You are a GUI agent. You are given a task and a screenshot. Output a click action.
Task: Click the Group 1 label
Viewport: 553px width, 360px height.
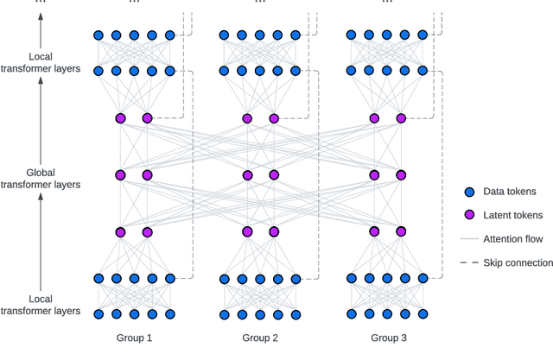click(134, 339)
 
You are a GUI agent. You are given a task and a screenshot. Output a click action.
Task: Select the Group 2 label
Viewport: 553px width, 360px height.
click(260, 339)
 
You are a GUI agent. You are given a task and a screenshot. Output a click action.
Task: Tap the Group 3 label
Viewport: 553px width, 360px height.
click(387, 339)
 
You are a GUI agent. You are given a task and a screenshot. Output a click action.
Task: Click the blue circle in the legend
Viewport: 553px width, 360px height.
click(468, 192)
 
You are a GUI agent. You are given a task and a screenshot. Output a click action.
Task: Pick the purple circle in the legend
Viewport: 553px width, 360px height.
click(468, 215)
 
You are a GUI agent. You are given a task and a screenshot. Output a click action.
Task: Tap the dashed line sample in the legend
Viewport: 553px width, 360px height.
click(468, 262)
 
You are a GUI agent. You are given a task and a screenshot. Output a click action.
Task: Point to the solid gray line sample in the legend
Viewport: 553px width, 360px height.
click(468, 239)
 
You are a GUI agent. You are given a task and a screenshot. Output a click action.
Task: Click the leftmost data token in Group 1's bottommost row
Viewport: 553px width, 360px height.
click(99, 314)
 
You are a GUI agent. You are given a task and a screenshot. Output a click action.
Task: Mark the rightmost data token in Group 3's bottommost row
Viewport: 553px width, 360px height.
click(423, 314)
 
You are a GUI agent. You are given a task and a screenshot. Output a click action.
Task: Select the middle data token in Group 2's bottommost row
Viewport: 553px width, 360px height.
click(260, 314)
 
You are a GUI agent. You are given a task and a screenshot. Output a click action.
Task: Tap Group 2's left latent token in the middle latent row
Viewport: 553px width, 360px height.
click(247, 175)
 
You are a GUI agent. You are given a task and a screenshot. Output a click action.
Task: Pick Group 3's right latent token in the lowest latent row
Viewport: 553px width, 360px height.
click(401, 231)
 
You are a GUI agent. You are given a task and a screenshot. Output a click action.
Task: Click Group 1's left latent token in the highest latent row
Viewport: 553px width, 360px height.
click(121, 118)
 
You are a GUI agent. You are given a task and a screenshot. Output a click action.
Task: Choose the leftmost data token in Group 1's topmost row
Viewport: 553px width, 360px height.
click(99, 35)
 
